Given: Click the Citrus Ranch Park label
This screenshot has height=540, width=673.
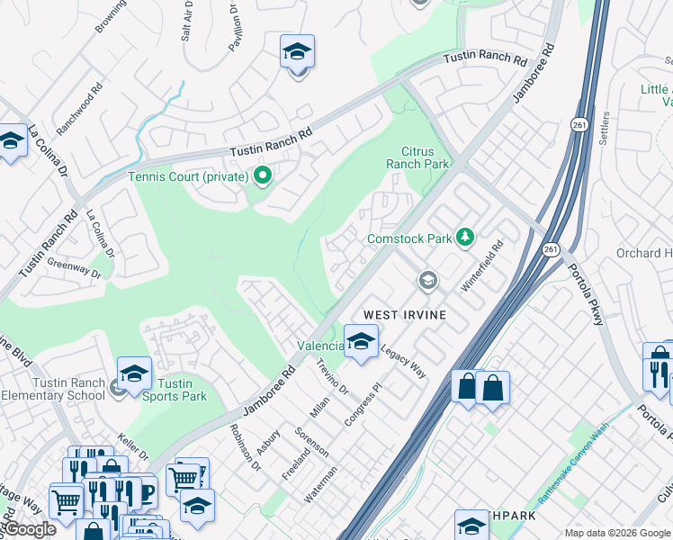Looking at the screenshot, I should pos(417,158).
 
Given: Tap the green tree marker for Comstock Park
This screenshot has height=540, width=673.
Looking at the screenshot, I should pos(465,238).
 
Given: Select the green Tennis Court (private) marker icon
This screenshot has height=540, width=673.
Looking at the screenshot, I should pos(263,175).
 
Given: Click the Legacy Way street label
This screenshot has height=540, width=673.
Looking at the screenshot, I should pos(403,362).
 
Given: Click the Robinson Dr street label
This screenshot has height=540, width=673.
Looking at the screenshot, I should pos(244,447).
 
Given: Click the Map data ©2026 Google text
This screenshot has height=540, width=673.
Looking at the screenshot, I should pos(617,533).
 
